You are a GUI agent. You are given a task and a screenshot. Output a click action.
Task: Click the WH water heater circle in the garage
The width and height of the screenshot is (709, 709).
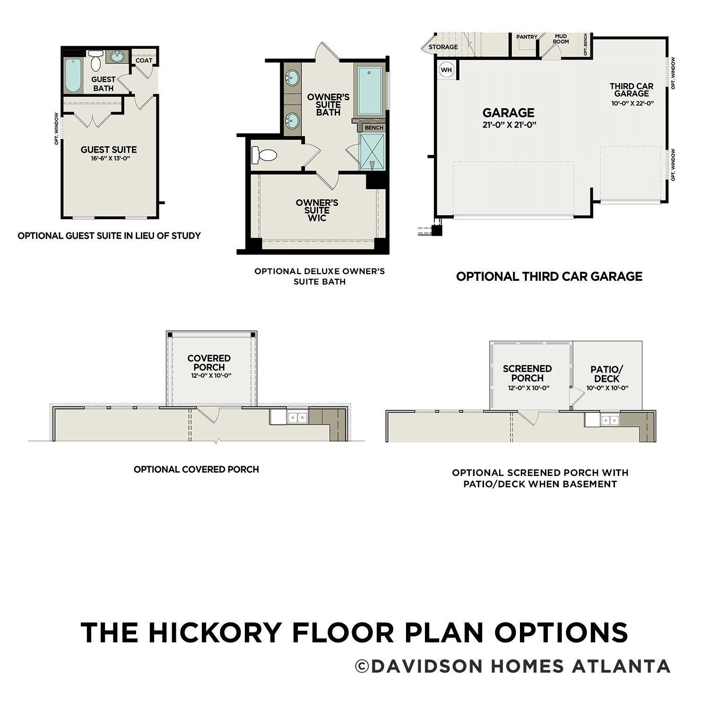446,70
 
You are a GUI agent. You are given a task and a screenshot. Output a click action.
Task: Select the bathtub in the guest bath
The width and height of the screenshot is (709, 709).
73,75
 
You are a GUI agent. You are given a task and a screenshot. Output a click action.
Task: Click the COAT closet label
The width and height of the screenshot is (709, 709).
144,61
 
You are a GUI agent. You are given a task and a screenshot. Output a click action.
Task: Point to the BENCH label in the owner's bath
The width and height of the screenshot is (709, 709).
374,128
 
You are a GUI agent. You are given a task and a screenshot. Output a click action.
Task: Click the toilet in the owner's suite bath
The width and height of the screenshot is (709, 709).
265,155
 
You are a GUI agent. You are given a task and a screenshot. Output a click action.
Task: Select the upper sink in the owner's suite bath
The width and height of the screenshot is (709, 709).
293,77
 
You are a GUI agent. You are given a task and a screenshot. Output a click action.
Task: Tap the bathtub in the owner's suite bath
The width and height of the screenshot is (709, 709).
370,91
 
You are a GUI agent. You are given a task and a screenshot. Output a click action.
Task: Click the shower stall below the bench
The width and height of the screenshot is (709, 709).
372,151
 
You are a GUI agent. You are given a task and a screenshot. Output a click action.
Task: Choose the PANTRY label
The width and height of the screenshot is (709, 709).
527,37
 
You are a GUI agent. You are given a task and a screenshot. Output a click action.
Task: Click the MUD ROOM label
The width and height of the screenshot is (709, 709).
561,39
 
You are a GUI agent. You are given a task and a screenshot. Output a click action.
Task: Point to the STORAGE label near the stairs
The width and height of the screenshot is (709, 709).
443,47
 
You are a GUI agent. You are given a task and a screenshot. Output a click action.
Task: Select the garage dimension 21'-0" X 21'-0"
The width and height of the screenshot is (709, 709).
508,125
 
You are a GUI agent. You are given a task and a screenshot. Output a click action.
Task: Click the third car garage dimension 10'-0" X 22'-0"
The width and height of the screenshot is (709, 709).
632,103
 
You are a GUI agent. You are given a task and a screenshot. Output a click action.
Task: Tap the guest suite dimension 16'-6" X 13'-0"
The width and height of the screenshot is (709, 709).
109,159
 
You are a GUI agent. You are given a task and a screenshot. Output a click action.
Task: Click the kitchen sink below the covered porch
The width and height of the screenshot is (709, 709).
297,417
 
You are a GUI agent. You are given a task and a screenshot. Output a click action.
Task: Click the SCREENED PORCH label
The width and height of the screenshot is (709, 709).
527,373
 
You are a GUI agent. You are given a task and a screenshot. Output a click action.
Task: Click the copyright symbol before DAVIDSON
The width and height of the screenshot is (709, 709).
362,666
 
